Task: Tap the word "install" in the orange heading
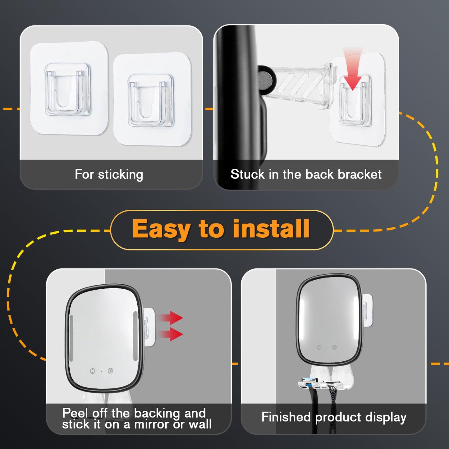(x=272, y=229)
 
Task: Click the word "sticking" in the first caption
(x=121, y=175)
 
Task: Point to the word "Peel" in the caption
(x=75, y=413)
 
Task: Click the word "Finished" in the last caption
(x=286, y=417)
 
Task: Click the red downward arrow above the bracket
(x=353, y=69)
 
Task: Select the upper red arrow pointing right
(x=170, y=318)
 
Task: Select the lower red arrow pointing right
(x=170, y=334)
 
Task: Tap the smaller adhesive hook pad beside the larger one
(x=152, y=100)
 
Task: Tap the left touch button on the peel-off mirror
(x=93, y=371)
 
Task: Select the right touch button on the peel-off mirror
(x=110, y=370)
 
